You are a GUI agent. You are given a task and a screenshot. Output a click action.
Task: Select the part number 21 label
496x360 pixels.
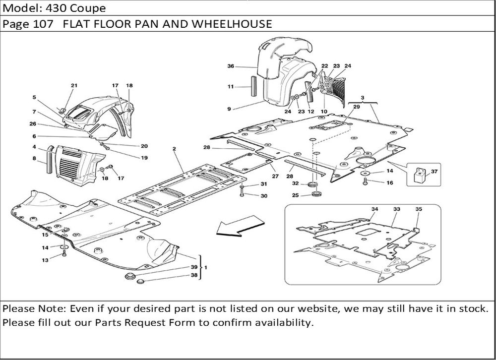point(74,86)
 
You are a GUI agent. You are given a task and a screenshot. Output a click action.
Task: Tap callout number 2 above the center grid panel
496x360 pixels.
point(175,149)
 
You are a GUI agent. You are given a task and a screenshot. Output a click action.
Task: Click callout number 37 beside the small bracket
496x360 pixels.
point(434,172)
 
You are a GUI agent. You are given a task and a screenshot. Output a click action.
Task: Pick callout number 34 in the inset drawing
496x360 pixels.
point(374,210)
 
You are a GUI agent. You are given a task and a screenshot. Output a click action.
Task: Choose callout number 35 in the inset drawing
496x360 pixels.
point(418,210)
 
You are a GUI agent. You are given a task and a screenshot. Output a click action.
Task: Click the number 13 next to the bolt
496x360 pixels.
point(45,260)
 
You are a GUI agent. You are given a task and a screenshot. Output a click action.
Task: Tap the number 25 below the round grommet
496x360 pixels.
point(295,195)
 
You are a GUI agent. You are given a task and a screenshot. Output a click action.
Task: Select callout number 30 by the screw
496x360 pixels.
point(264,196)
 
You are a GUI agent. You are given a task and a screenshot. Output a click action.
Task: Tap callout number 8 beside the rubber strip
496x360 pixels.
point(34,159)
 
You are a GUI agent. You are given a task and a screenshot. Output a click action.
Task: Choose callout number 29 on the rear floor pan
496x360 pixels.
point(356,107)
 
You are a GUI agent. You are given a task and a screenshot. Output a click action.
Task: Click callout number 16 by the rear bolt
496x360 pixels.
point(389,183)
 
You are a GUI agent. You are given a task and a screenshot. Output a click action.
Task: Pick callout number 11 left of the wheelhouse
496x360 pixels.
point(231,87)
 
